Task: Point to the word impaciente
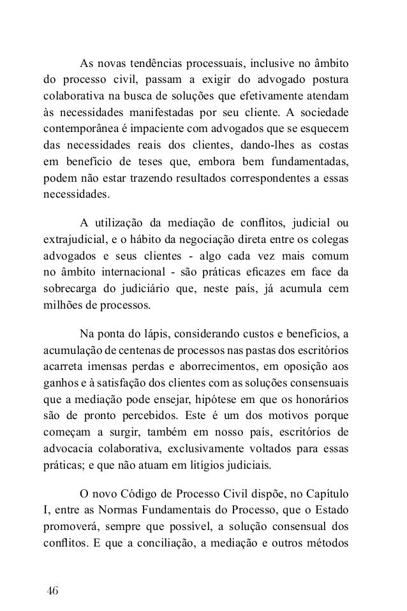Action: [166, 130]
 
